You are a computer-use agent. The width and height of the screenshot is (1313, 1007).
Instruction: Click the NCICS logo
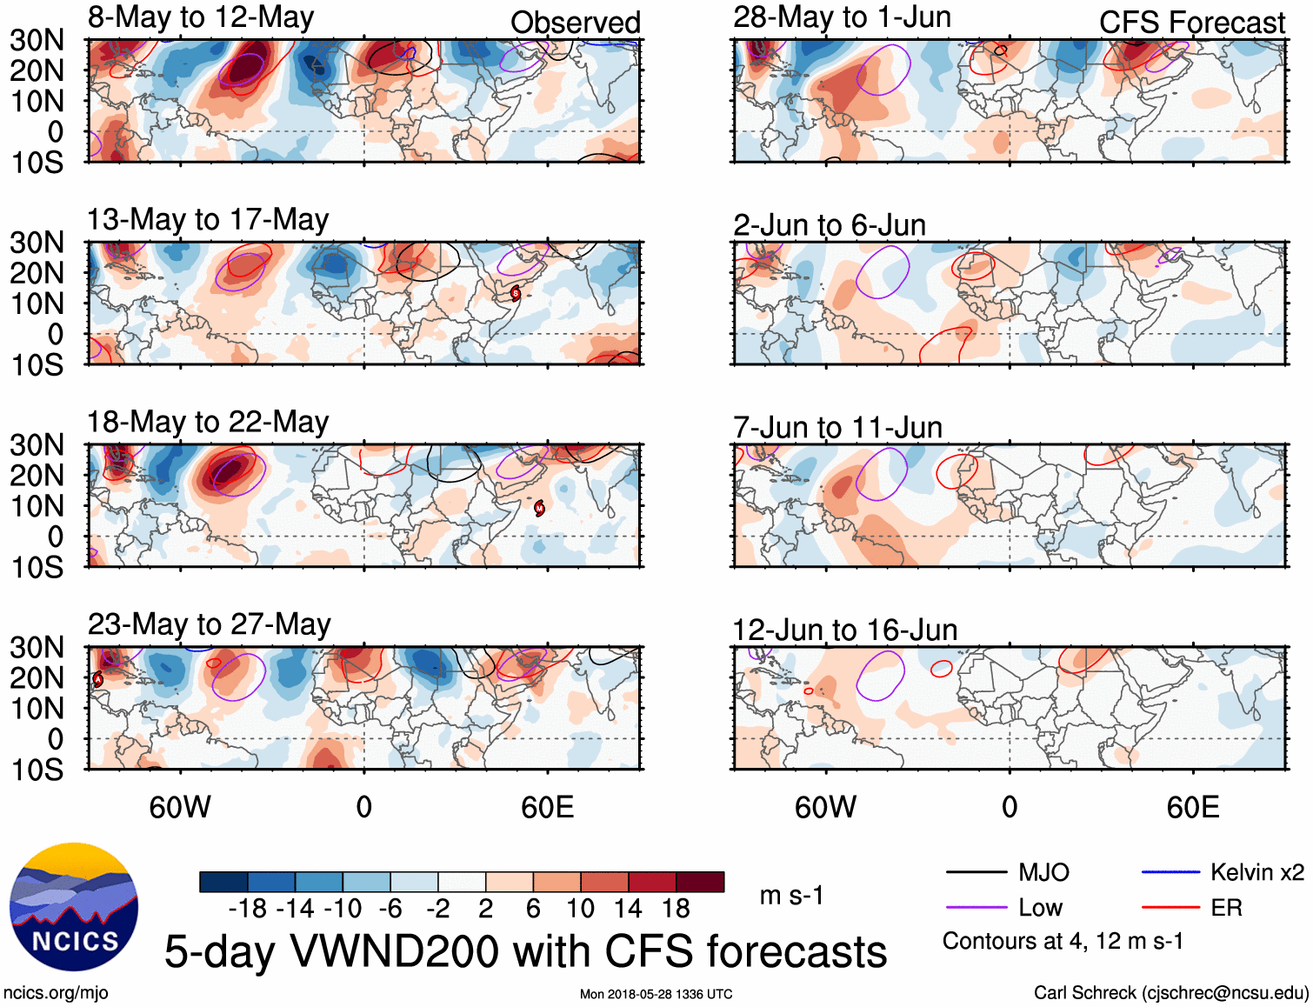click(74, 907)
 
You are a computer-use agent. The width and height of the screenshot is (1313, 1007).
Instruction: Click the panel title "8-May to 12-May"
click(201, 18)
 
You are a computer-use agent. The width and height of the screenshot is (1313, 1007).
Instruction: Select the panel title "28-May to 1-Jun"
click(842, 17)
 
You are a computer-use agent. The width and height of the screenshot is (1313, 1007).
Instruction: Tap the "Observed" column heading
click(575, 23)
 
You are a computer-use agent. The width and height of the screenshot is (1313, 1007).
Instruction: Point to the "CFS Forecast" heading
click(1191, 23)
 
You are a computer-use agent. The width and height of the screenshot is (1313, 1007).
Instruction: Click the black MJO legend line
click(976, 872)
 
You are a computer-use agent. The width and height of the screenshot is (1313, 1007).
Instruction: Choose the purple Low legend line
click(976, 908)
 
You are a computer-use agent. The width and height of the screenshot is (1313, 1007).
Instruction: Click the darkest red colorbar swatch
click(700, 882)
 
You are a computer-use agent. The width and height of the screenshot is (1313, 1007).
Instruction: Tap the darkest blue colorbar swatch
click(223, 882)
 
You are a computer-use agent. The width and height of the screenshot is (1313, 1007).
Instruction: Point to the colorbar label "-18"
click(248, 909)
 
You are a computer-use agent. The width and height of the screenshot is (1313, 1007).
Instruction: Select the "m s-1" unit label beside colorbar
click(791, 896)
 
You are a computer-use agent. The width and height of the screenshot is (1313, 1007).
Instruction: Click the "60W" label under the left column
click(180, 807)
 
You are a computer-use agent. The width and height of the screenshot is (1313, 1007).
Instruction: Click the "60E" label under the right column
click(1192, 807)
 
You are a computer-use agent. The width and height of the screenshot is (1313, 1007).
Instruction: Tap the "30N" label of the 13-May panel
click(37, 243)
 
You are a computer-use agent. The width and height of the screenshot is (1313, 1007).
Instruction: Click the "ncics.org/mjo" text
click(56, 993)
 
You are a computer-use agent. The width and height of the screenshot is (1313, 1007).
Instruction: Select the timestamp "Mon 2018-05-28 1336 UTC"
click(656, 994)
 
